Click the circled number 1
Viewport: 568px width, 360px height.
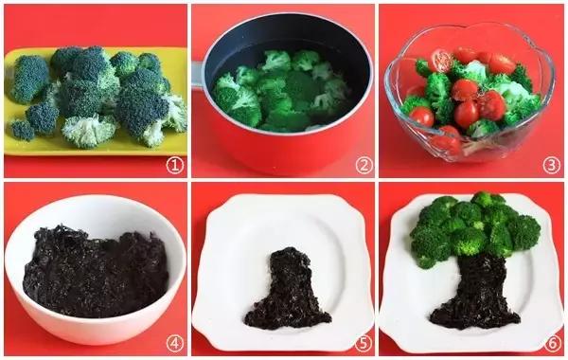(x=175, y=166)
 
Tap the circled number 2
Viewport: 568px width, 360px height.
(x=364, y=166)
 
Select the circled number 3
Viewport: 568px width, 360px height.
(x=551, y=166)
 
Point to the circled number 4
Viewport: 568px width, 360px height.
(x=175, y=343)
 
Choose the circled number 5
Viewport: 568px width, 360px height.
(x=364, y=343)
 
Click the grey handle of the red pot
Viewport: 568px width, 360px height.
(x=198, y=74)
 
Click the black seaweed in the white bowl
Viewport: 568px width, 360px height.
(x=96, y=272)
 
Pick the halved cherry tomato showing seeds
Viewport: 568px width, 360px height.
(x=441, y=61)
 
